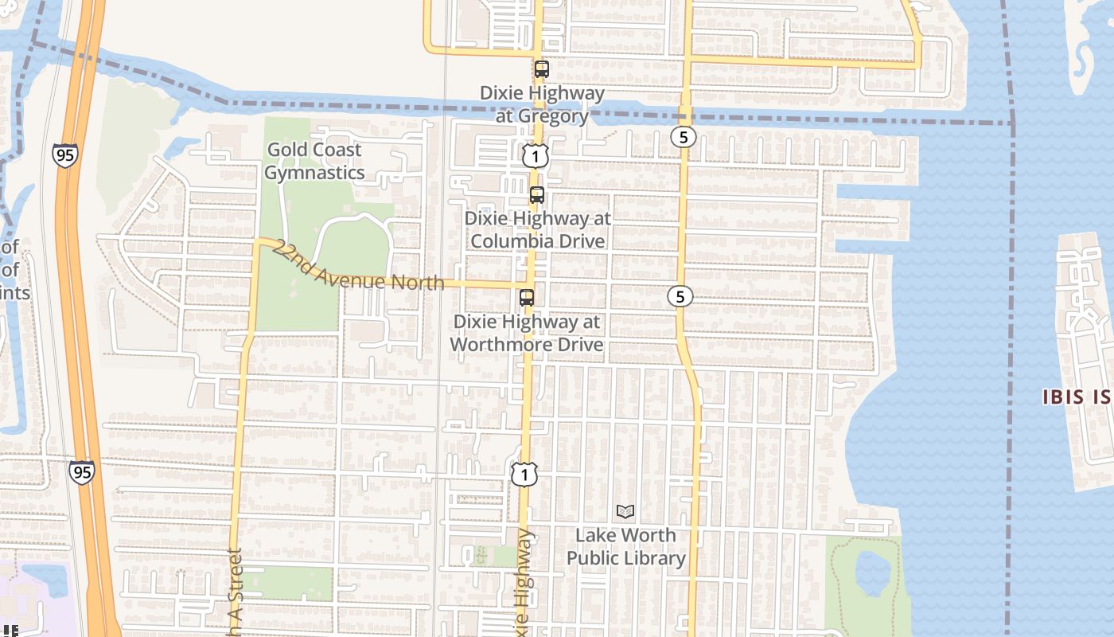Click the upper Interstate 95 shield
point(65,154)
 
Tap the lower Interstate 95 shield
point(81,471)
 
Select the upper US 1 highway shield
point(536,156)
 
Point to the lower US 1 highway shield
point(524,475)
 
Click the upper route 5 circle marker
point(683,137)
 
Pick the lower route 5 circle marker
point(679,296)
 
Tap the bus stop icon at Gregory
point(542,69)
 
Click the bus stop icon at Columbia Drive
point(537,195)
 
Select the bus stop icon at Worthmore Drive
point(527,298)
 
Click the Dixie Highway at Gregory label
point(542,104)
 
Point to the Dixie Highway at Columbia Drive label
point(537,229)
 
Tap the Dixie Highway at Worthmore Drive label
point(527,333)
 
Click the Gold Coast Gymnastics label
point(314,161)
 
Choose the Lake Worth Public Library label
point(625,546)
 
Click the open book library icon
point(626,511)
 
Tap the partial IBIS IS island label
point(1077,397)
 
